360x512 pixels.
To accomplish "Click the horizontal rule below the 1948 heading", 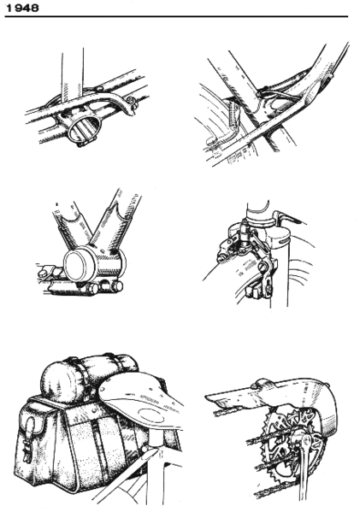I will pyautogui.click(x=180, y=16).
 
